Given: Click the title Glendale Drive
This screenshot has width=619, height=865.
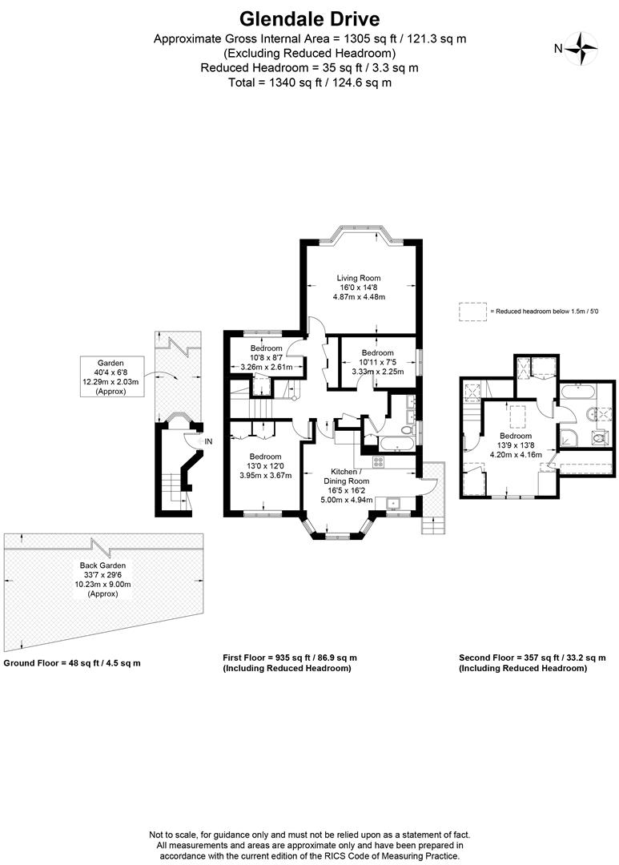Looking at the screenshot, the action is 309,19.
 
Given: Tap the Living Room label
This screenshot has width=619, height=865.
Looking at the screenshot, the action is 359,278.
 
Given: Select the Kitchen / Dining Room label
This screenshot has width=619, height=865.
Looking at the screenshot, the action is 347,476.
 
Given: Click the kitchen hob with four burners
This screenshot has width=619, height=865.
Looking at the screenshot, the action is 379,461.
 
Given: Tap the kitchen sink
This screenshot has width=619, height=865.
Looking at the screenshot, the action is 394,503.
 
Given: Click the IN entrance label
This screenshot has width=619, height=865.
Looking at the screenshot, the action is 208,441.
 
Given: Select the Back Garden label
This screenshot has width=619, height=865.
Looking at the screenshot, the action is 102,565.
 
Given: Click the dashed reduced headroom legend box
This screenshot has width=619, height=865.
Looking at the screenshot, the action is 472,311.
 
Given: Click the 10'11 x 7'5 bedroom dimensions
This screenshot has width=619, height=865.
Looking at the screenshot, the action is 377,362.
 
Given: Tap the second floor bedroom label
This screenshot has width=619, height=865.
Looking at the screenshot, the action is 516,436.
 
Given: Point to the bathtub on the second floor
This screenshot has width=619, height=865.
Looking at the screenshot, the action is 577,392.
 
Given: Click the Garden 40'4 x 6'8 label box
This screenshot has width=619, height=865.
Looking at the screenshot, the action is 111,376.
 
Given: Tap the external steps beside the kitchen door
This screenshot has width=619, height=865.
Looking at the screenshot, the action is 432,525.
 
